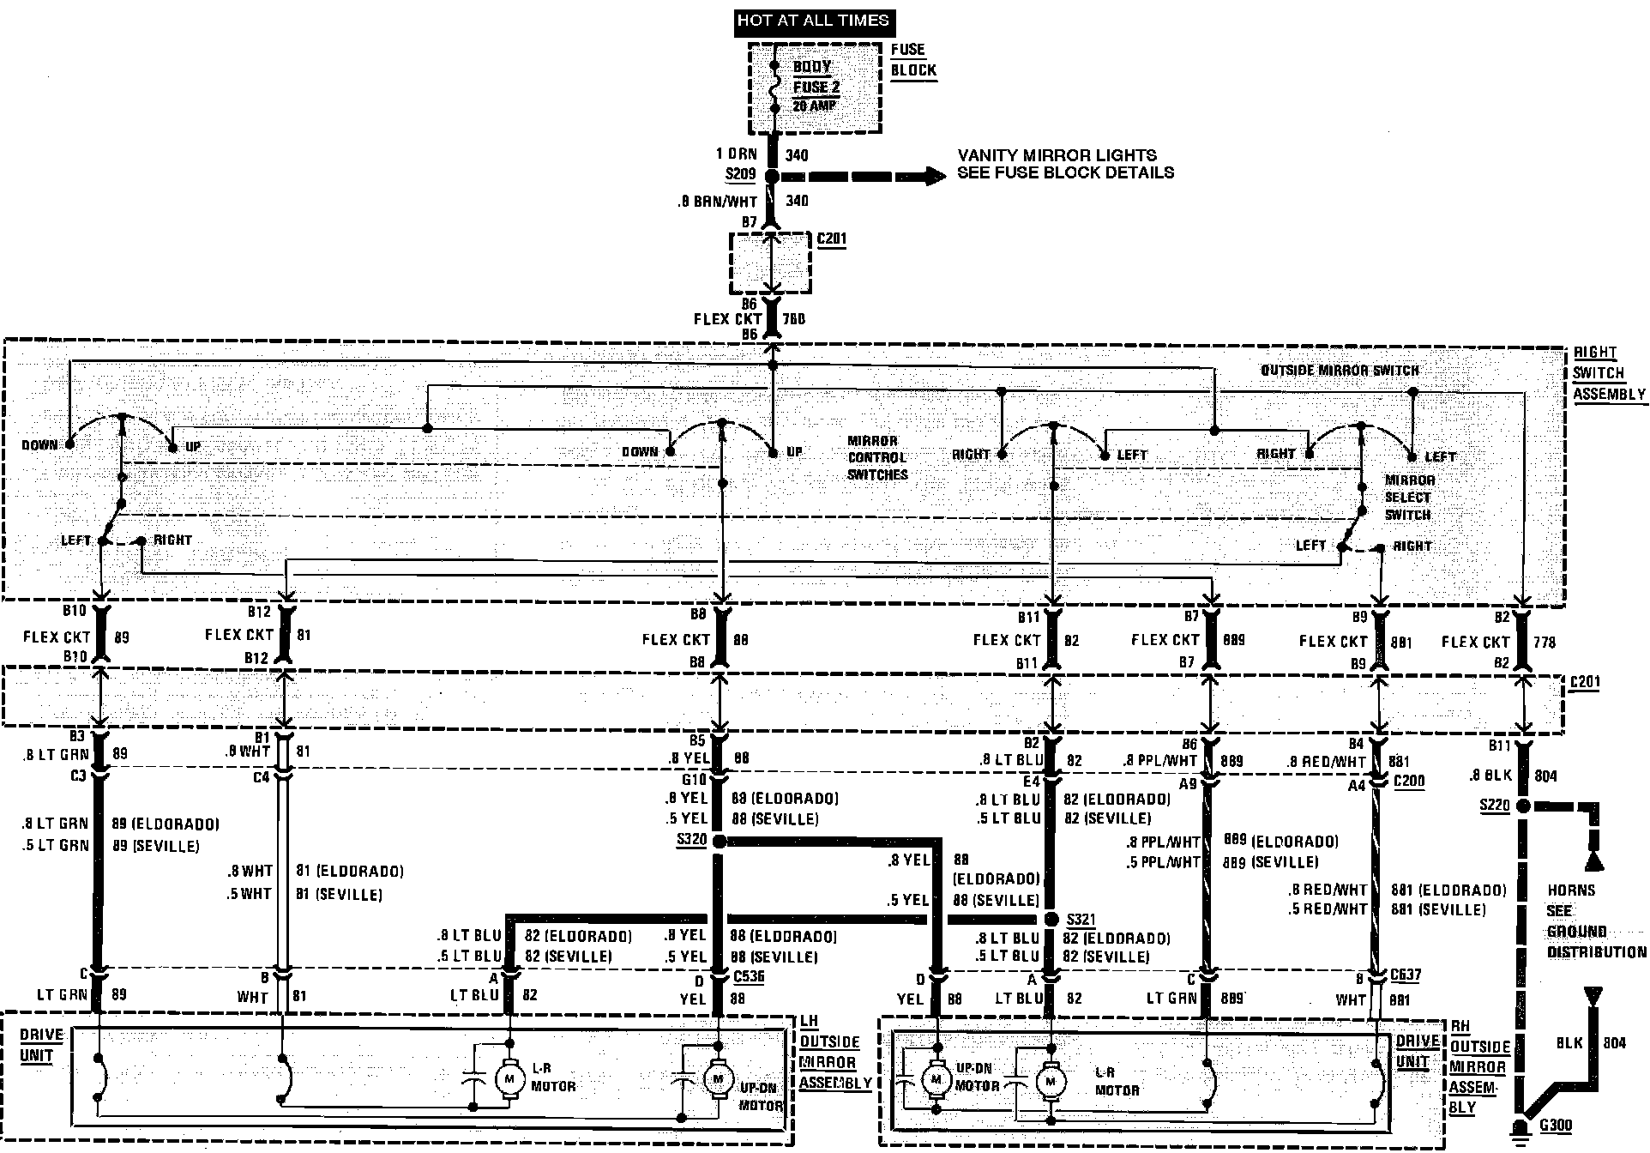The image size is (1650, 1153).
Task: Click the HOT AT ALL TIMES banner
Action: click(813, 21)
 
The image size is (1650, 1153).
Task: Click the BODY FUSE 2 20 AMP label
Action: click(816, 87)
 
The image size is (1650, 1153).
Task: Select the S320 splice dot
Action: click(719, 842)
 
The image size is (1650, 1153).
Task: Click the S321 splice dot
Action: click(1051, 920)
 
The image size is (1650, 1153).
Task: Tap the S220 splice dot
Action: click(1523, 806)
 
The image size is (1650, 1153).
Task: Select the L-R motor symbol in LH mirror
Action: click(509, 1078)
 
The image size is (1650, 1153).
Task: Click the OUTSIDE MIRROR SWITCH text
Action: click(1339, 371)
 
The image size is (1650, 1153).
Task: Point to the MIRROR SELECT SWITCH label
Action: click(1409, 498)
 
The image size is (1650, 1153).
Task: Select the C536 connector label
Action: click(749, 976)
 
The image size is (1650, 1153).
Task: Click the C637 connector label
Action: click(1404, 976)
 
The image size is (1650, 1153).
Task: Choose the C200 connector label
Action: click(1409, 781)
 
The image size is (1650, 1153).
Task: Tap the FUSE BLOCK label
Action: click(913, 60)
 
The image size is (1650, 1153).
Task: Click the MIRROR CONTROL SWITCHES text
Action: click(877, 457)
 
